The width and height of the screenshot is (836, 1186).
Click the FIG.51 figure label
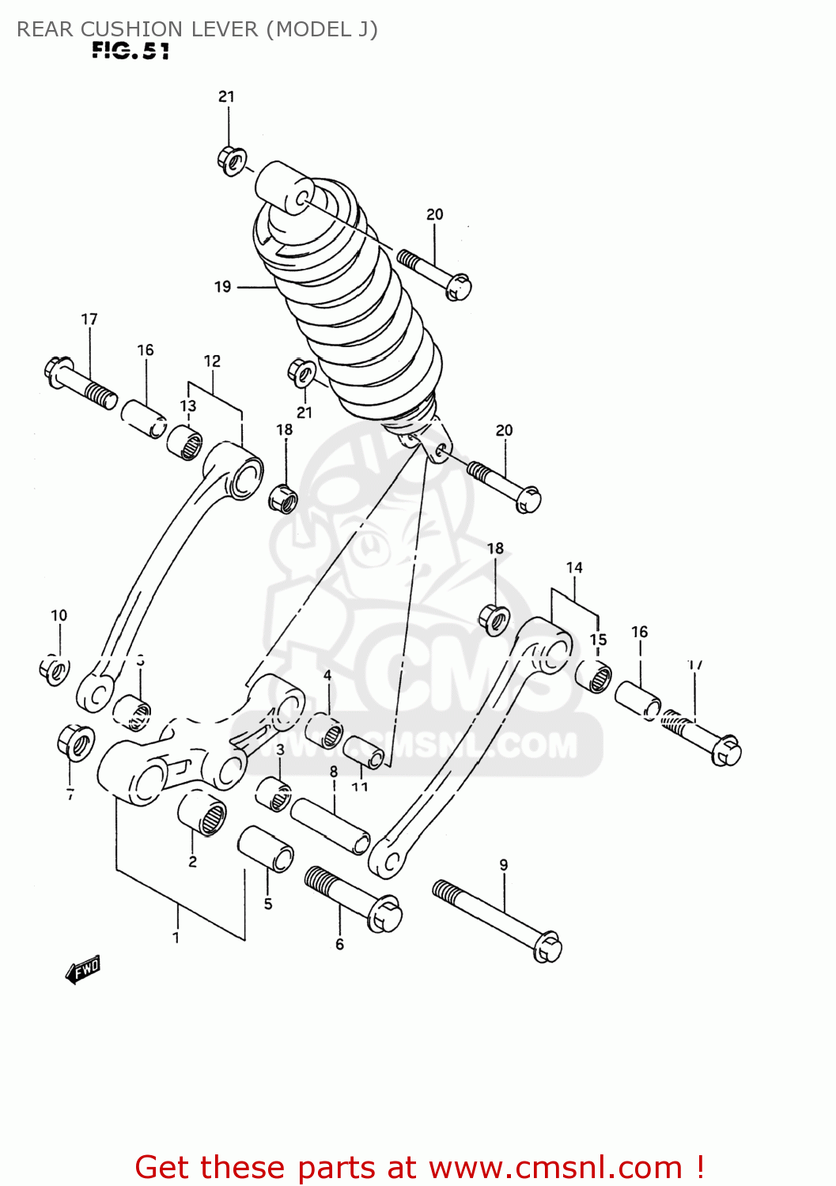click(131, 51)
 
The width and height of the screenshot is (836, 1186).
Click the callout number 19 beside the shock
click(222, 287)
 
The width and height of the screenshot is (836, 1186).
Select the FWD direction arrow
click(83, 969)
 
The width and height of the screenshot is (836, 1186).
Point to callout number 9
click(504, 865)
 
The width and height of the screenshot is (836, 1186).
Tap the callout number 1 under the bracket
click(176, 938)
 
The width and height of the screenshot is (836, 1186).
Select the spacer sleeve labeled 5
click(266, 848)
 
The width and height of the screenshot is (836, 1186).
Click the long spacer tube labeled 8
click(331, 826)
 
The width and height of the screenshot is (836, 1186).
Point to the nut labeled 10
click(54, 670)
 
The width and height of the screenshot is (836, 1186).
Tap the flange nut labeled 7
click(75, 742)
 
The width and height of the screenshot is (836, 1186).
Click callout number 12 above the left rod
click(212, 361)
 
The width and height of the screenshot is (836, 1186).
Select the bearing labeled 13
click(184, 441)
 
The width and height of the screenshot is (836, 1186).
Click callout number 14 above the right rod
click(574, 568)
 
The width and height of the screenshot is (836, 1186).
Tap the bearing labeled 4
click(324, 729)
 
